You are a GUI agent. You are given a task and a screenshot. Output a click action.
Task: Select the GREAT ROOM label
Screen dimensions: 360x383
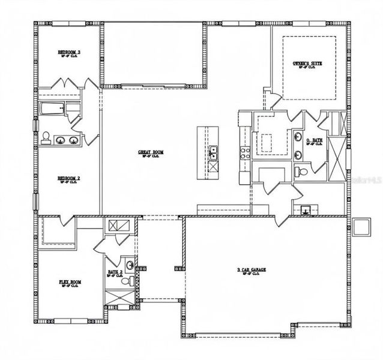pyautogui.click(x=150, y=154)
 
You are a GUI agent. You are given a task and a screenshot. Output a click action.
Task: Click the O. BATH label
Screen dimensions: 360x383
pyautogui.click(x=312, y=143)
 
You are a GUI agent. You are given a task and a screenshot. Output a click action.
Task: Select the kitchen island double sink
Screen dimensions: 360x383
pyautogui.click(x=213, y=153)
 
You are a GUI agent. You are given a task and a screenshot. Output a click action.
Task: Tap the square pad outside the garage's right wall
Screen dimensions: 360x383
pyautogui.click(x=362, y=226)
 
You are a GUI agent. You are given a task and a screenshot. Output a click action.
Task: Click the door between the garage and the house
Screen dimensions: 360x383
pyautogui.click(x=281, y=221)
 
